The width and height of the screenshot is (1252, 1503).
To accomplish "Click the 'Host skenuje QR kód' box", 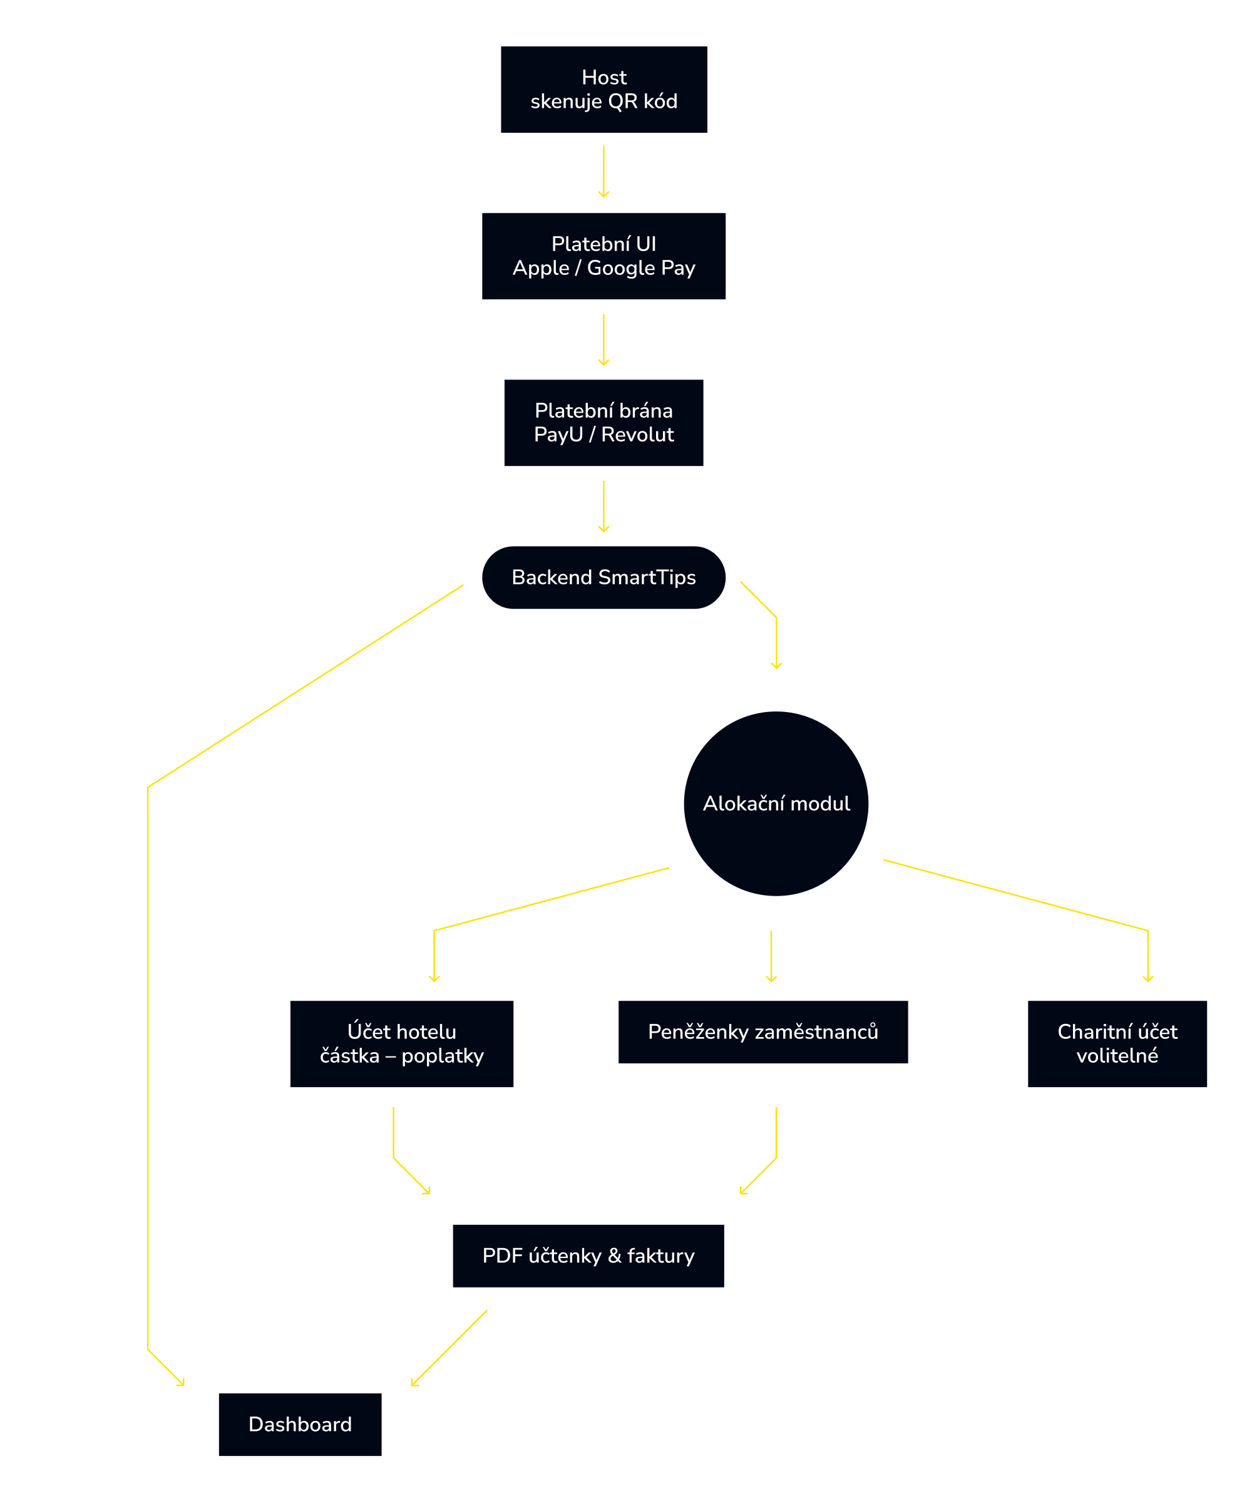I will (604, 90).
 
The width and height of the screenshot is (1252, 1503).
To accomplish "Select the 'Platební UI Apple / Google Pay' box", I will (604, 256).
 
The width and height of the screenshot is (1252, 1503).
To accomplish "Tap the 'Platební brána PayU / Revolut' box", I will (604, 422).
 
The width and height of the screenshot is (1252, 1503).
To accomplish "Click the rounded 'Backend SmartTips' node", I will (604, 577).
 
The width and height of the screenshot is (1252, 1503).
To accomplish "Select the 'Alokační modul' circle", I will (776, 803).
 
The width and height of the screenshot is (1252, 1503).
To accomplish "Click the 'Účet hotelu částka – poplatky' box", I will (401, 1043).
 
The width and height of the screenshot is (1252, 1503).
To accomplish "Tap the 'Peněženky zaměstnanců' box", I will (762, 1031).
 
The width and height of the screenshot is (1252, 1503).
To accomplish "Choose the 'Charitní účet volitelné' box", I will (1117, 1043).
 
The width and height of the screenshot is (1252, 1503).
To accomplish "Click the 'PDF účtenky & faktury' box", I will (588, 1256).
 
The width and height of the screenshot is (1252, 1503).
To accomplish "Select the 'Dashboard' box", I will (300, 1424).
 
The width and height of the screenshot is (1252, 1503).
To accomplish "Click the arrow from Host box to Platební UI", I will (604, 172).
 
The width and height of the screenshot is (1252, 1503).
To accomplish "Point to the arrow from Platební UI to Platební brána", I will (604, 339).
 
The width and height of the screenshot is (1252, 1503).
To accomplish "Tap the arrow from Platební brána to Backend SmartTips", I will (604, 506).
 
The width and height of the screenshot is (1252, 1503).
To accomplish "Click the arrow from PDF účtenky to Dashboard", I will (449, 1348).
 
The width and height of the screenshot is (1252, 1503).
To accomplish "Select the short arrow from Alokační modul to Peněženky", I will (771, 956).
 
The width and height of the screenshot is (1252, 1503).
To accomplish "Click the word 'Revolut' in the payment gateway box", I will (637, 435).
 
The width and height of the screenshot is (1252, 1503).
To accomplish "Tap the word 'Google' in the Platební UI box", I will (620, 267).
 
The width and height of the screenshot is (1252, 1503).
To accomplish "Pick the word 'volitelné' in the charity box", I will (1117, 1056).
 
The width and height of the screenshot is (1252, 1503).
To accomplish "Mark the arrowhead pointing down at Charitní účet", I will (1147, 978).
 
